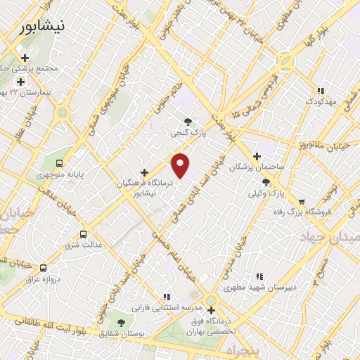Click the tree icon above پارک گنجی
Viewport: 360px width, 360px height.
point(187,120)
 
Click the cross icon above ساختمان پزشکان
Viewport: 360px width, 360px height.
point(257,156)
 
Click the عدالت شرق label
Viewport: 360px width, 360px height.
point(84,245)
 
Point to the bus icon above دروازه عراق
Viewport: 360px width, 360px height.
point(44,268)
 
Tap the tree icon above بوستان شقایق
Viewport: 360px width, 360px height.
point(121,323)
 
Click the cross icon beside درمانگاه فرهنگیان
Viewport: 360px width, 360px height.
point(144,172)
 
